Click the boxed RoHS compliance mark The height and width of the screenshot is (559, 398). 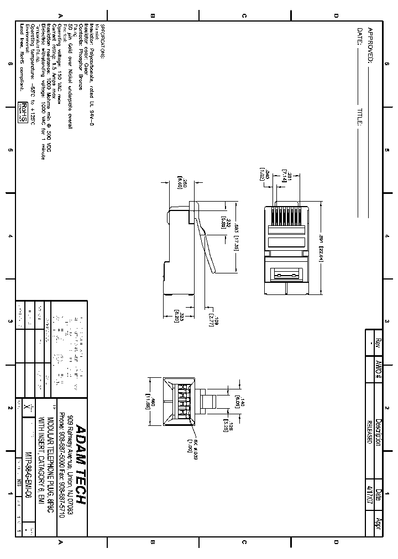[23, 111]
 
